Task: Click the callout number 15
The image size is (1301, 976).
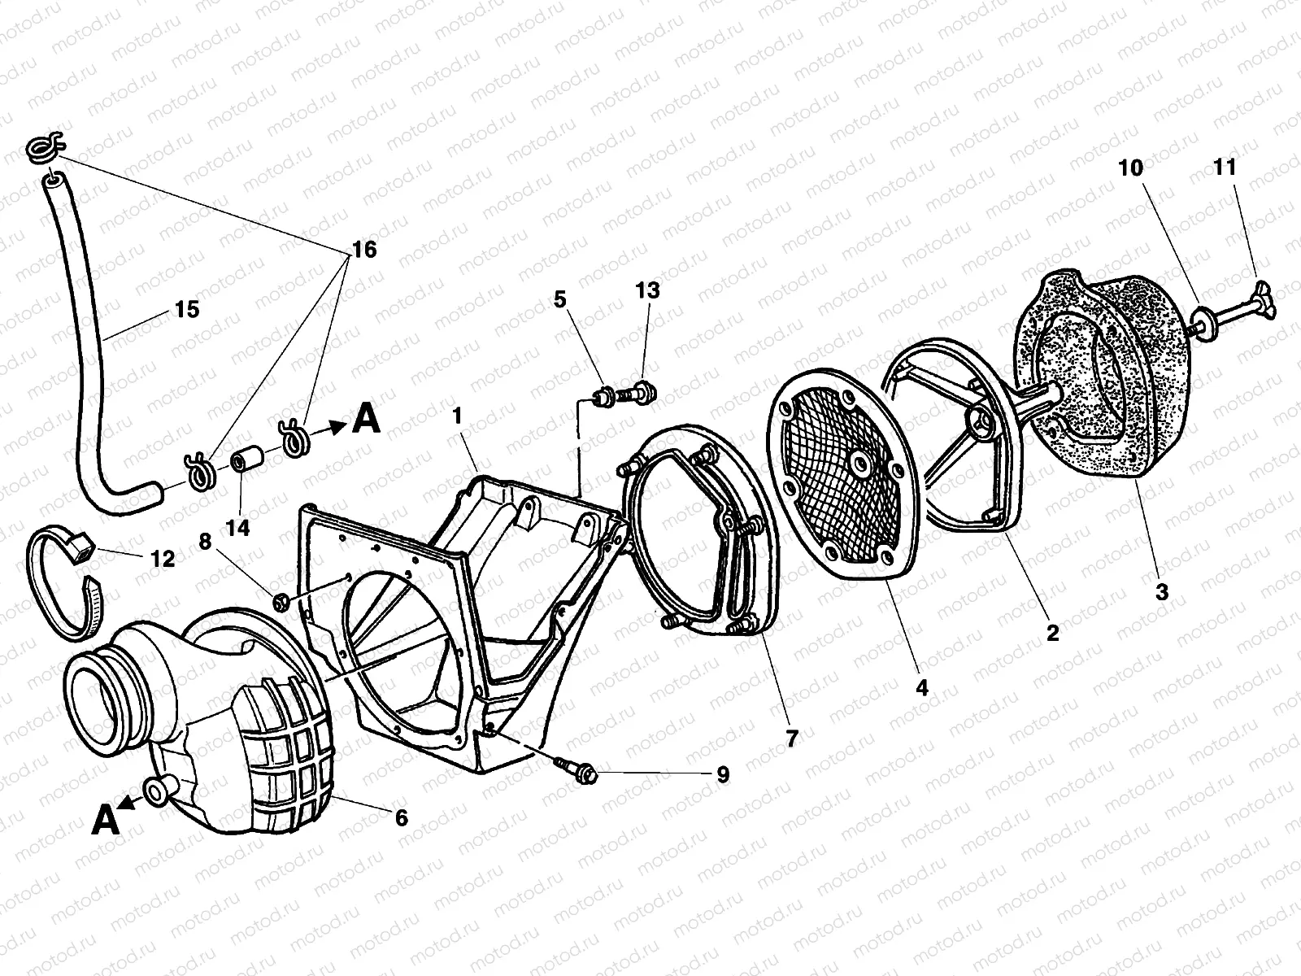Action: [x=186, y=309]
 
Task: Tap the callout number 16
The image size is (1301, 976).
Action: [x=364, y=250]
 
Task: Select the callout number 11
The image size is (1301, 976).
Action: [x=1225, y=168]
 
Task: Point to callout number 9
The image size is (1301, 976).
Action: [x=722, y=775]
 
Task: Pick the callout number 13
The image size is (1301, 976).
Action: [x=648, y=290]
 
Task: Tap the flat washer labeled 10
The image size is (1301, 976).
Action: [x=1204, y=320]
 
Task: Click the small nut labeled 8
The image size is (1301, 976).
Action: [x=281, y=601]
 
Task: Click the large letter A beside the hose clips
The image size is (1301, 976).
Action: [x=367, y=420]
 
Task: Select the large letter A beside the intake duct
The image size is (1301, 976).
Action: [x=106, y=819]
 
